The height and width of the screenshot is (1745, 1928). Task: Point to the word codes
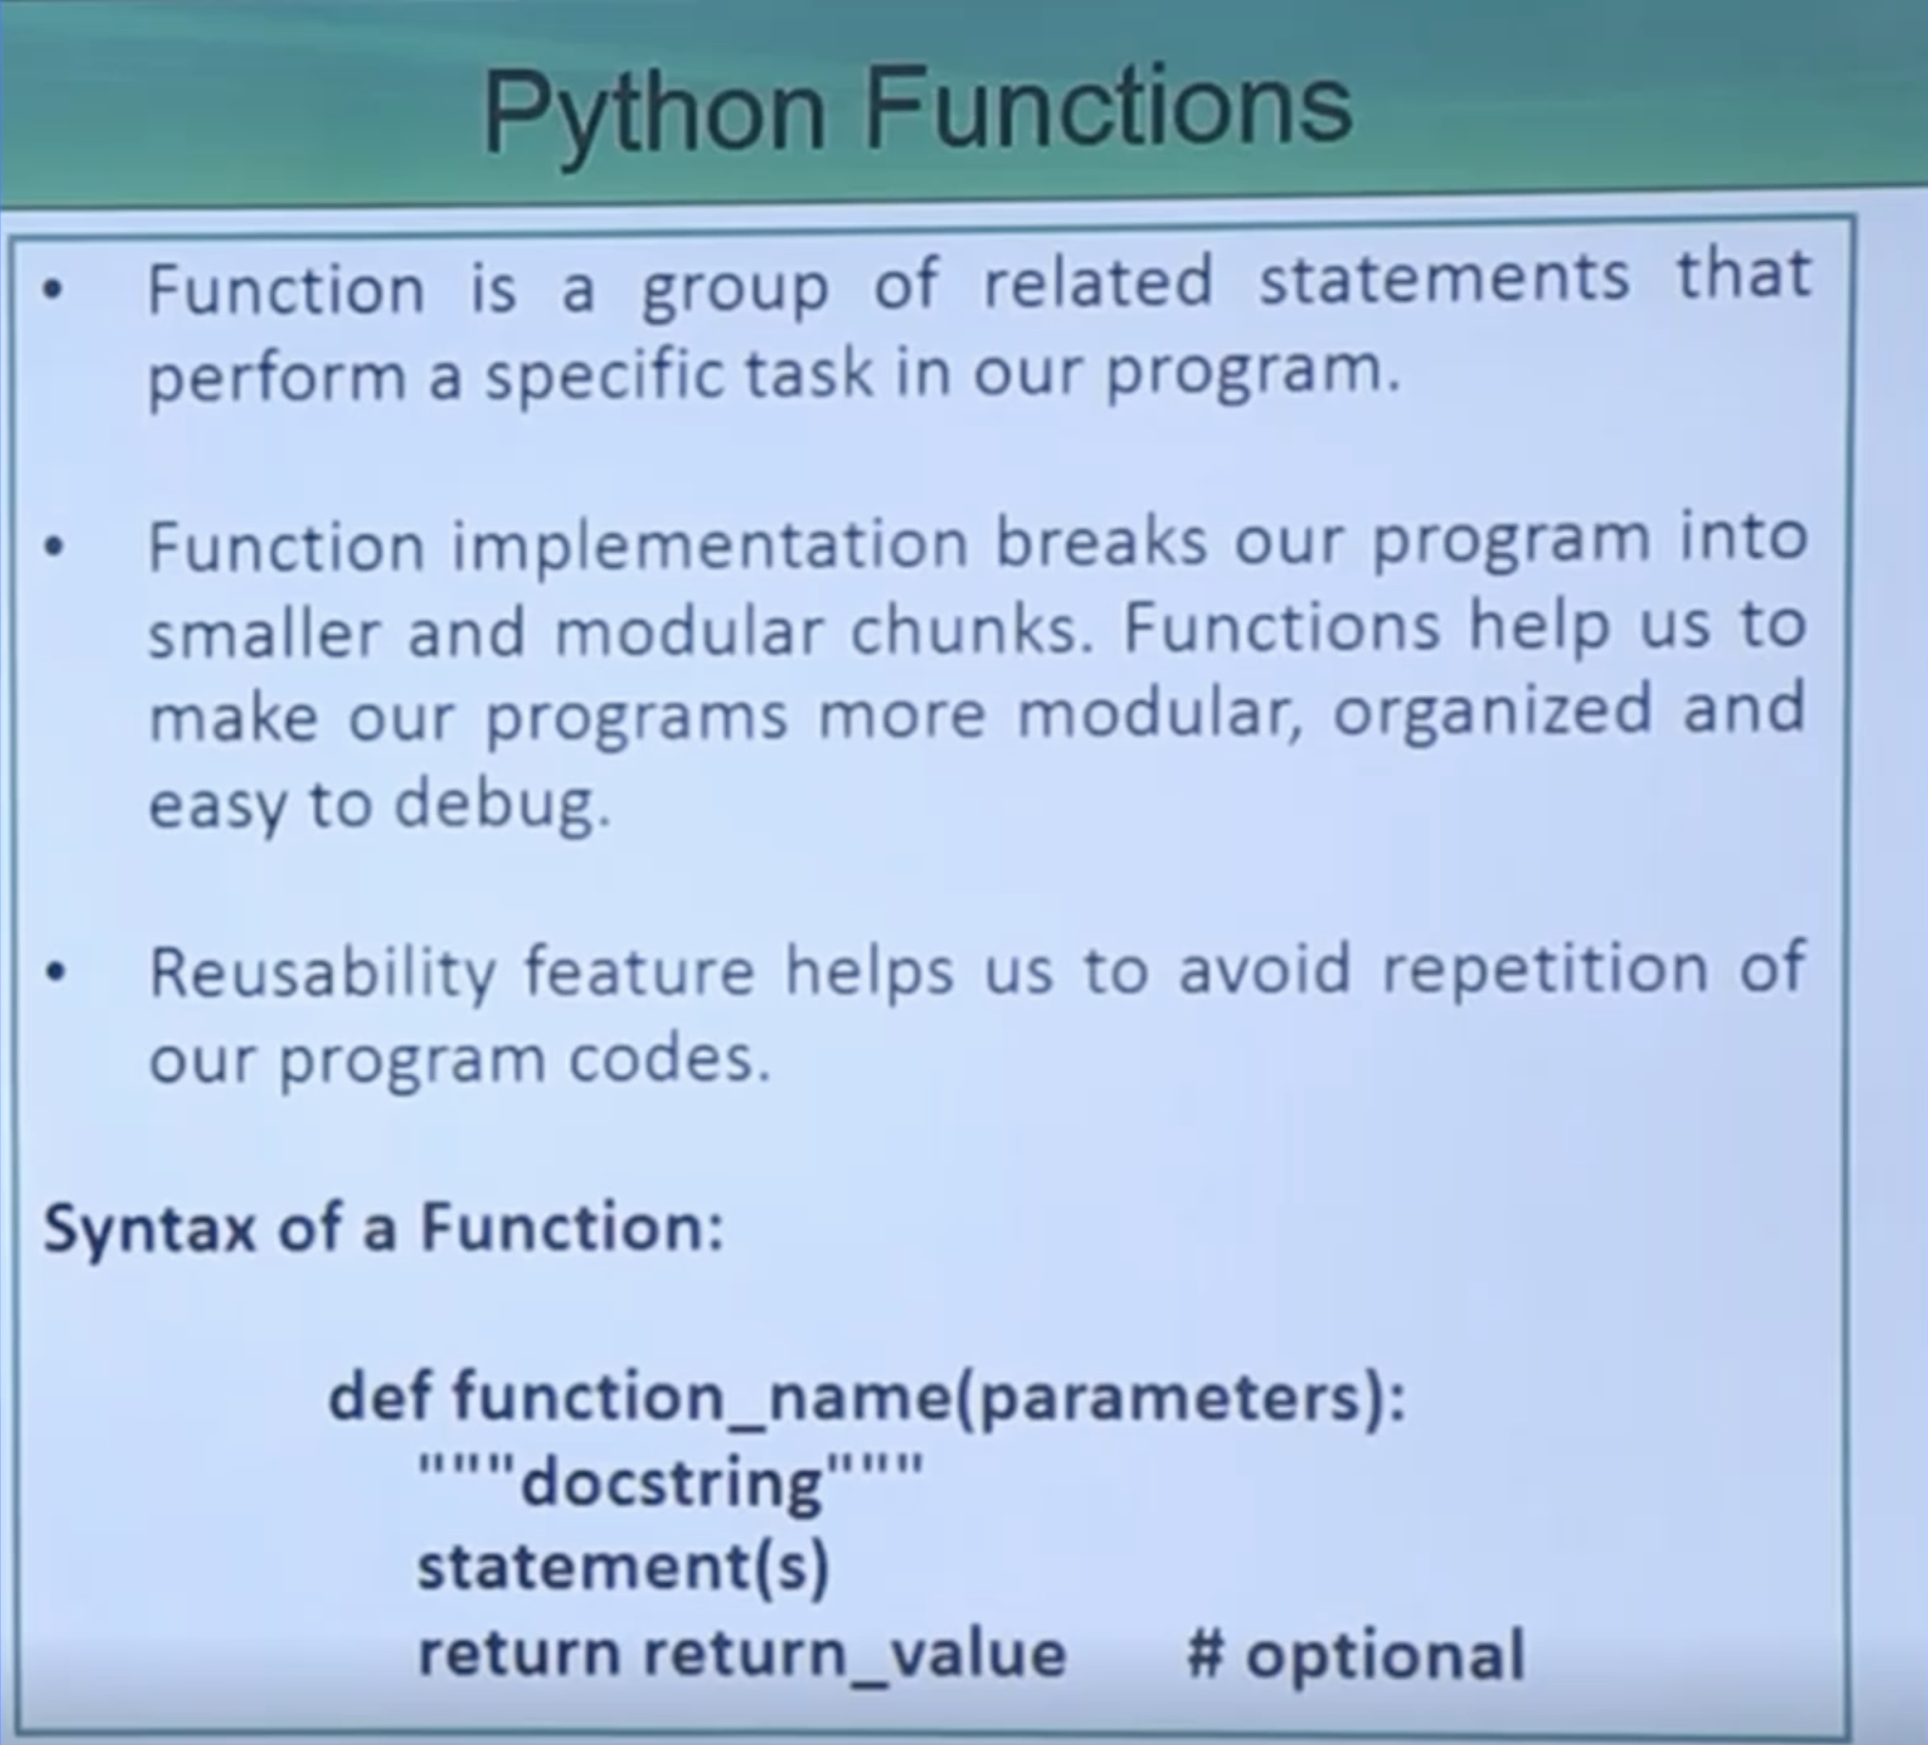click(670, 1058)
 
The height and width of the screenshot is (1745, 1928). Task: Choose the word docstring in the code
click(673, 1484)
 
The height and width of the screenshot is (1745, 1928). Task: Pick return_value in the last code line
click(854, 1654)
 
